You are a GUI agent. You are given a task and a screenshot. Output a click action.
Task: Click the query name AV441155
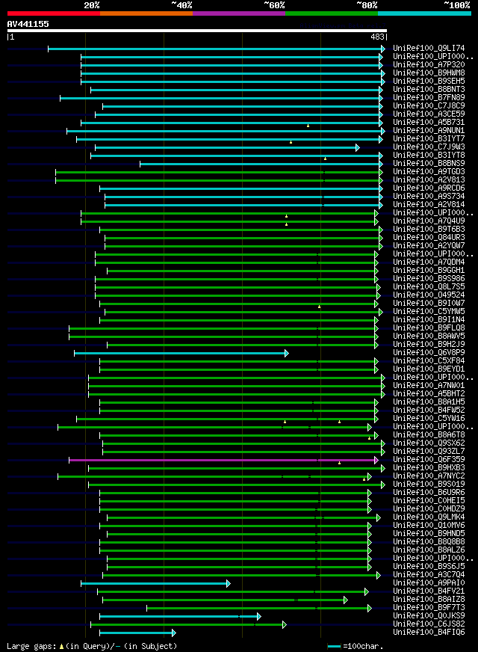point(28,24)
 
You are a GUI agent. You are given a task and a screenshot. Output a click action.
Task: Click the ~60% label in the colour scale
point(274,4)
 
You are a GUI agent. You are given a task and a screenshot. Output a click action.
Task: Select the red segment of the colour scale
point(53,13)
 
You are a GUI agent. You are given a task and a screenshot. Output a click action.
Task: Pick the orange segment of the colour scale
point(146,13)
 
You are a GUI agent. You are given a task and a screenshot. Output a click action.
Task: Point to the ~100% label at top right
point(456,4)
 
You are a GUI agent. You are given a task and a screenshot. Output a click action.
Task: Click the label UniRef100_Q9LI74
point(429,49)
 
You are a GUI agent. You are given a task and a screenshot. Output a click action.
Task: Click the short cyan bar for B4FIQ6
point(137,633)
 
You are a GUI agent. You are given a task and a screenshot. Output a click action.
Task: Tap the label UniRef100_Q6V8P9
point(429,353)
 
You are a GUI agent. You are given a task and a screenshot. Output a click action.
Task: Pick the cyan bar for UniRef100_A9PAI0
point(155,583)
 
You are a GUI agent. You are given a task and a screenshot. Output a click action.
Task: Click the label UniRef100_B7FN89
point(429,98)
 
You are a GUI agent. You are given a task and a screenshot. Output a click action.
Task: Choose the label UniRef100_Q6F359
point(429,460)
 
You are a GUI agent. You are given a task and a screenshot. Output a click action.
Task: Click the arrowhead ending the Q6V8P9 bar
point(286,353)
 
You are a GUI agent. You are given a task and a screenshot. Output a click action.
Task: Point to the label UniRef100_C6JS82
point(429,624)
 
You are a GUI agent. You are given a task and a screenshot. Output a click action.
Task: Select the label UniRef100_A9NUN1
point(429,131)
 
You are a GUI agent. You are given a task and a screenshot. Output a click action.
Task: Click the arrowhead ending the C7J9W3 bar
point(358,147)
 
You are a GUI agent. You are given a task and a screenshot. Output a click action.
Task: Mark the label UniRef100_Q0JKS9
point(429,616)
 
